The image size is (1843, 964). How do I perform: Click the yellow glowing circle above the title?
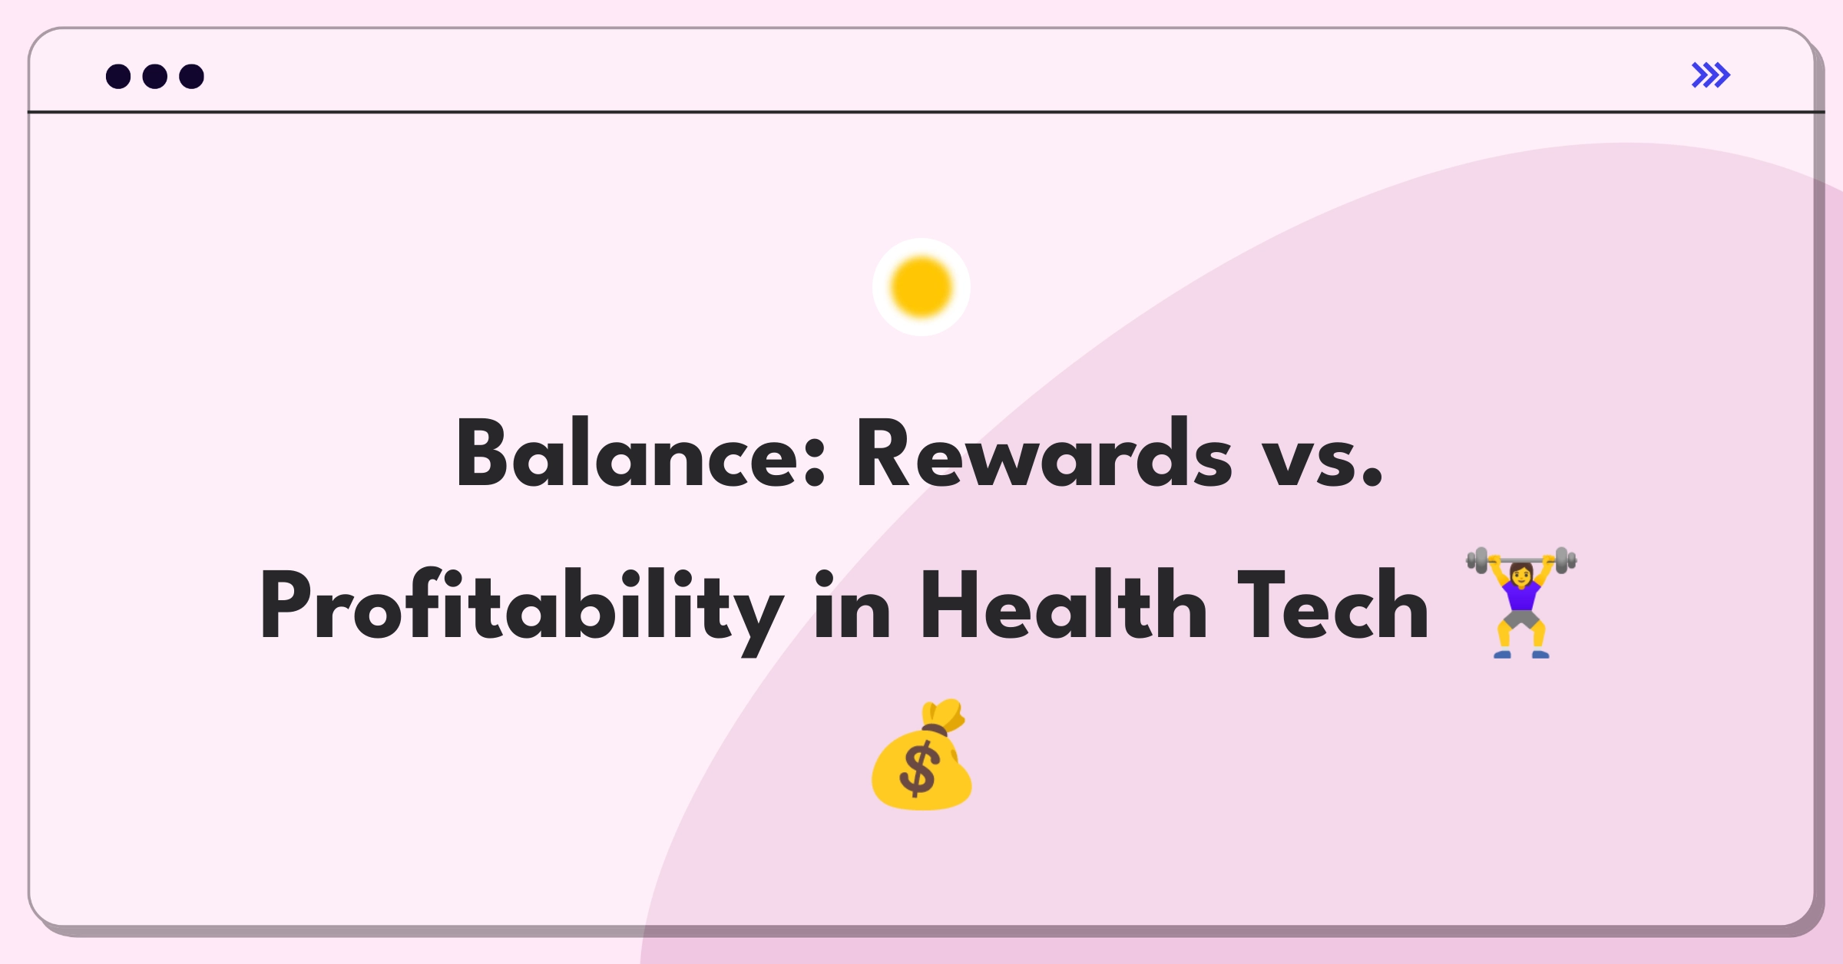pos(921,287)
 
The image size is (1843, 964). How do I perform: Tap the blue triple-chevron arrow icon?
pos(1711,75)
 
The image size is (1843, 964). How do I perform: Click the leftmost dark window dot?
pos(118,77)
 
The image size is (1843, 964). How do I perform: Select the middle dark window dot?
pos(155,77)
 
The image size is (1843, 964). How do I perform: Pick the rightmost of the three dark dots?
pos(191,77)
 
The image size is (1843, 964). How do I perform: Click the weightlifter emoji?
pos(1521,602)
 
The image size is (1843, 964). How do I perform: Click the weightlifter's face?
pos(1521,573)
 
